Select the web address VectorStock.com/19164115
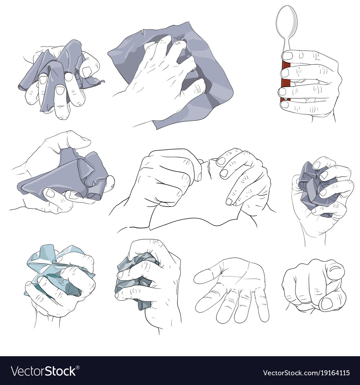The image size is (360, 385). [306, 373]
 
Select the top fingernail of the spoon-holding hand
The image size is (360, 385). [288, 56]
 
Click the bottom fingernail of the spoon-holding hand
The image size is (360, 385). [284, 105]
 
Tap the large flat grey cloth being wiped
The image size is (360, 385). [172, 74]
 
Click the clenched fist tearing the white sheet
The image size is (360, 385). [167, 177]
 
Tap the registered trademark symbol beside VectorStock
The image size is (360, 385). [78, 368]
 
